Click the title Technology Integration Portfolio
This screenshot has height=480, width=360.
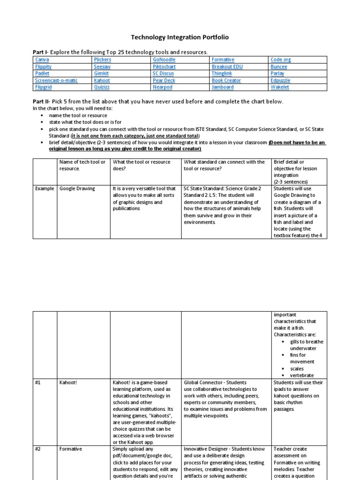click(x=180, y=37)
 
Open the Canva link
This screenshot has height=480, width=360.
click(x=42, y=60)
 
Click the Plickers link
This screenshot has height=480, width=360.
click(x=102, y=60)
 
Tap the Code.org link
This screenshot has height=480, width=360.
click(x=281, y=60)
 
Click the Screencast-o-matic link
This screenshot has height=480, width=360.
click(x=56, y=80)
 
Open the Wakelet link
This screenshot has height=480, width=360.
click(x=280, y=87)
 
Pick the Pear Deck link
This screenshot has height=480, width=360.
click(x=164, y=80)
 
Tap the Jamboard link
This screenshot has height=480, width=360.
click(x=223, y=87)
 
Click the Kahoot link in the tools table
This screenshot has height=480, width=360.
click(x=102, y=80)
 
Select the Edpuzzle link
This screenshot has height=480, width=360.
click(x=280, y=80)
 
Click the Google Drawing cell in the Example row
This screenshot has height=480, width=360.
click(x=77, y=188)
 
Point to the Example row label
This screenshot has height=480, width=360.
click(x=45, y=188)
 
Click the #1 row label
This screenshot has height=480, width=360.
click(x=38, y=382)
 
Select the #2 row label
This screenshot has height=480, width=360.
click(x=38, y=449)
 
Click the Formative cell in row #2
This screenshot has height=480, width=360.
click(x=71, y=449)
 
